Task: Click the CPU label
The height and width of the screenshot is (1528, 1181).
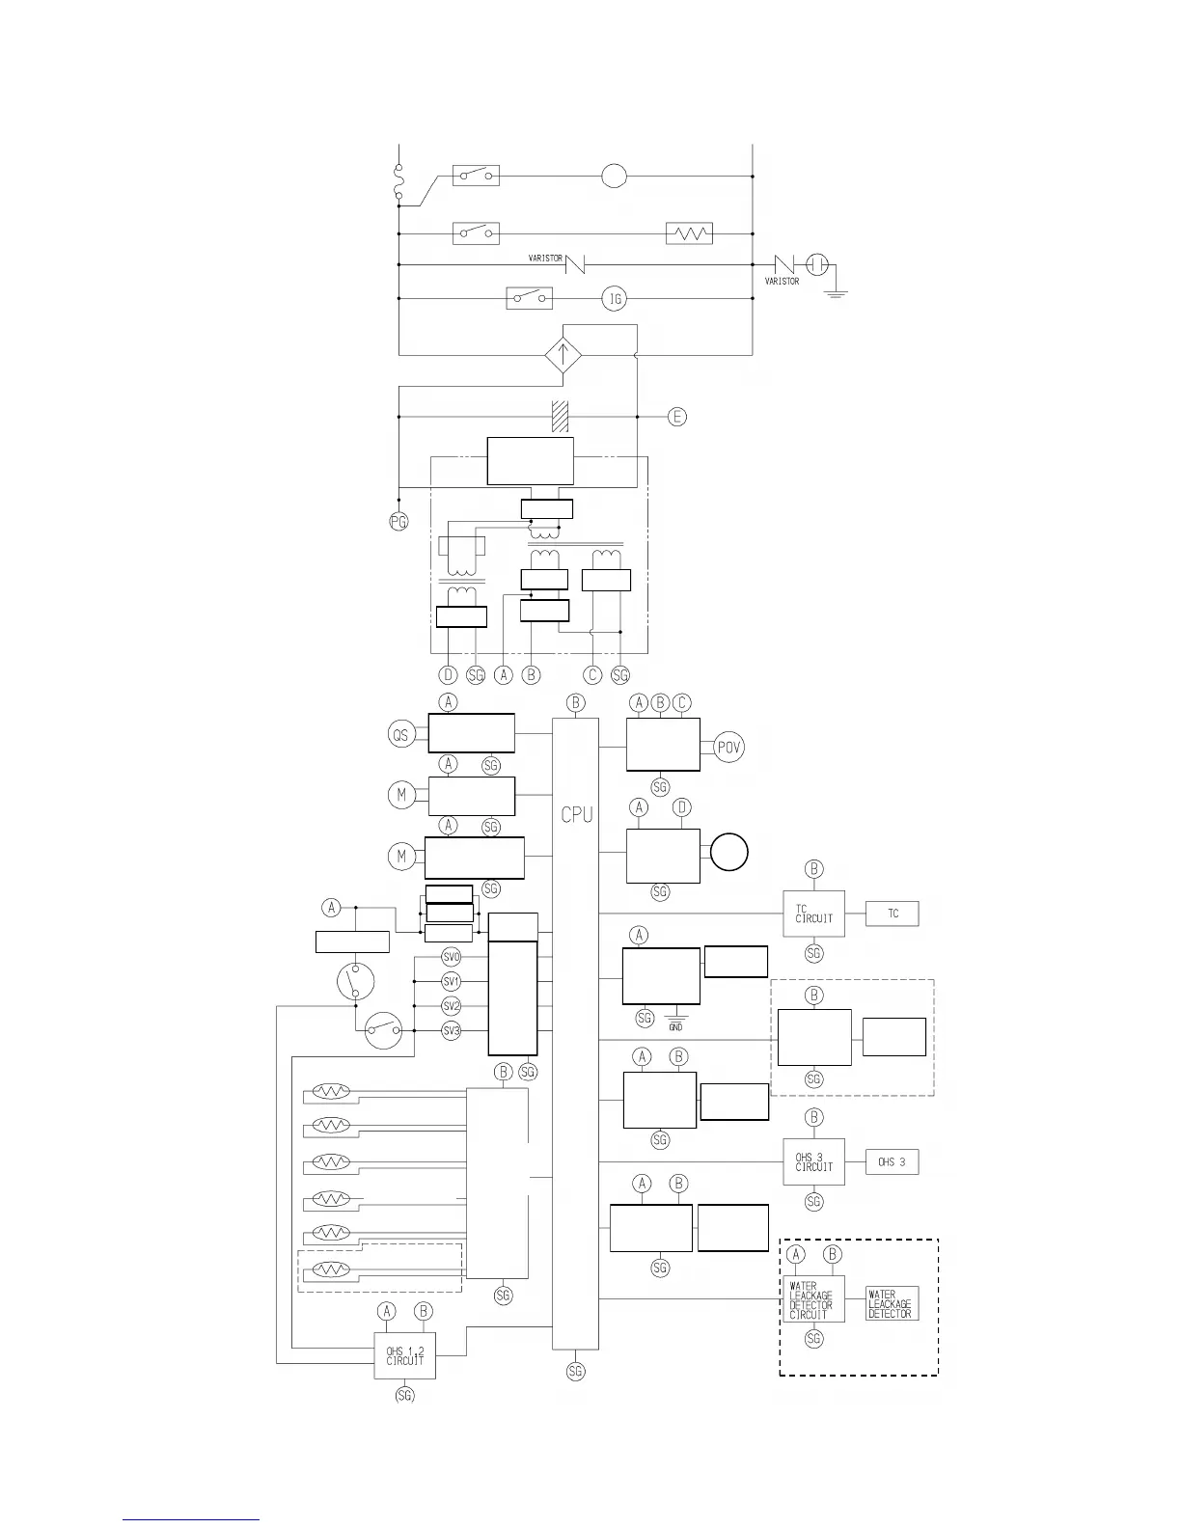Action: [577, 815]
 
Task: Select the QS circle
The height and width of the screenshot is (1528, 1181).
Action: [400, 735]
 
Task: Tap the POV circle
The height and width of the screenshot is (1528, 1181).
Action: [729, 748]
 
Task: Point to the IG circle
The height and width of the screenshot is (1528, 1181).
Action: [615, 299]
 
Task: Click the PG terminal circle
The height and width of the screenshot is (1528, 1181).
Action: [398, 522]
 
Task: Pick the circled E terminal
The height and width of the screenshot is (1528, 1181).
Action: [677, 417]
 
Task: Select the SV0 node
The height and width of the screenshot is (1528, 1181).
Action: [452, 957]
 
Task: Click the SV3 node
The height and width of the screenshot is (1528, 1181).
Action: [452, 1030]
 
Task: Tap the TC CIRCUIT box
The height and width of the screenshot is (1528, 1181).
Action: [813, 913]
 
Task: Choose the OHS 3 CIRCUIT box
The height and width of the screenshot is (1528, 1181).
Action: [813, 1161]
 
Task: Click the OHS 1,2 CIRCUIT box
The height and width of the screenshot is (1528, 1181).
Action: [405, 1355]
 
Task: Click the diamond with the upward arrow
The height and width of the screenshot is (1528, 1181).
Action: [563, 355]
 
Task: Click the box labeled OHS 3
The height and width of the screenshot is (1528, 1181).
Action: [892, 1162]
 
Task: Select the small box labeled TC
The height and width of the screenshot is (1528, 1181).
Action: [893, 913]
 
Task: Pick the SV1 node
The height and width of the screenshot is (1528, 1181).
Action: [452, 981]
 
